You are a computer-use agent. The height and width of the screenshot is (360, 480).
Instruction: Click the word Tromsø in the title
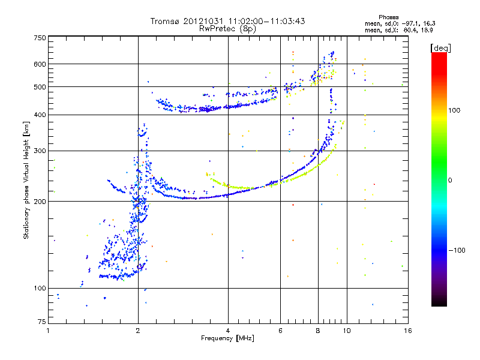pos(165,21)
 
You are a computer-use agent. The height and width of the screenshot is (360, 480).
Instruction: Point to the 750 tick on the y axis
pos(40,38)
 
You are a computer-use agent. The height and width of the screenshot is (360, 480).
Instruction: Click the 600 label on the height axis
pos(40,64)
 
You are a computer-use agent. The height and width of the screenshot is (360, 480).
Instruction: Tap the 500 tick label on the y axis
pos(40,86)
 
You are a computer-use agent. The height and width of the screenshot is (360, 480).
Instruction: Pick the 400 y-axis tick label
pos(40,115)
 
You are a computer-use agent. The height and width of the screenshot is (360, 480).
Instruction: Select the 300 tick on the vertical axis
pos(40,151)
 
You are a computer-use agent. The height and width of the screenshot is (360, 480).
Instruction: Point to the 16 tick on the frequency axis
pos(407,331)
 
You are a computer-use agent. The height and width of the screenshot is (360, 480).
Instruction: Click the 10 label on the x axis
pos(346,331)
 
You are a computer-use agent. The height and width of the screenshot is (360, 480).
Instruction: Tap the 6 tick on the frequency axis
pos(280,331)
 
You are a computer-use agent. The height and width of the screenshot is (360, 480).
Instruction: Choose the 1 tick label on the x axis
pos(48,331)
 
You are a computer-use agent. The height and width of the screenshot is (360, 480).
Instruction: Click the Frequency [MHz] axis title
pos(227,338)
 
